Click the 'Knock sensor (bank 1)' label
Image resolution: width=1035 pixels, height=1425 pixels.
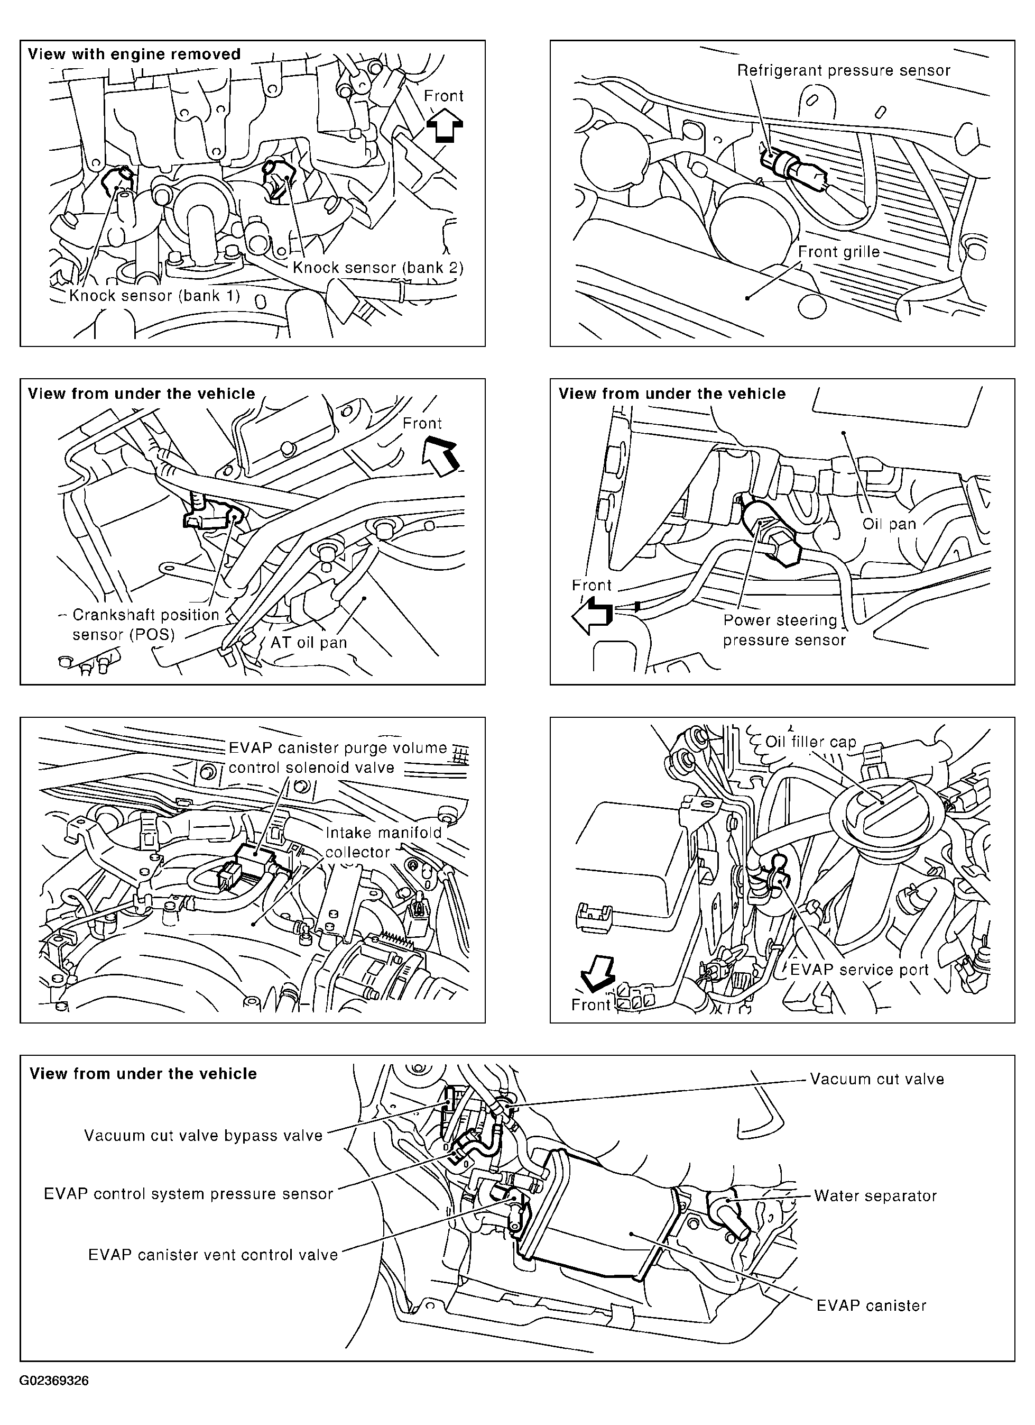(x=154, y=295)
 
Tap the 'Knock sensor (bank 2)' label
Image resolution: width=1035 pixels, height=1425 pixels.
(x=378, y=268)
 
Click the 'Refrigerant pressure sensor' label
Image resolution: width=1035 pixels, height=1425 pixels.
(x=844, y=70)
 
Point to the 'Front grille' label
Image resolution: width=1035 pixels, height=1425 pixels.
(x=838, y=252)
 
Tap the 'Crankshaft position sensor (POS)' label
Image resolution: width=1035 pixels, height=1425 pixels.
(x=146, y=624)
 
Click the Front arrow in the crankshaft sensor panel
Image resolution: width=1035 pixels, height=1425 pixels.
(x=441, y=457)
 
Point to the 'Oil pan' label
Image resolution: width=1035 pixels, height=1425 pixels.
(x=889, y=524)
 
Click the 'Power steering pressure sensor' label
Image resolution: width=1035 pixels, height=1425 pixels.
(x=783, y=629)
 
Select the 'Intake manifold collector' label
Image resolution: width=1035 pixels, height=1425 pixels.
(x=383, y=842)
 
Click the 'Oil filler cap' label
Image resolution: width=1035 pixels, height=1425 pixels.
(x=810, y=742)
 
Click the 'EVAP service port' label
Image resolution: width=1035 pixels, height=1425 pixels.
(x=858, y=970)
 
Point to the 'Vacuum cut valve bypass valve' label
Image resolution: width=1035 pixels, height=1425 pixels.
(x=204, y=1135)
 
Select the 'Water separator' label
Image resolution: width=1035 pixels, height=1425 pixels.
(x=875, y=1195)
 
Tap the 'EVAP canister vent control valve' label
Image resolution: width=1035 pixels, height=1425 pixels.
(x=213, y=1255)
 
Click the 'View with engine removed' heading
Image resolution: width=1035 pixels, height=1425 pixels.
(x=134, y=54)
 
